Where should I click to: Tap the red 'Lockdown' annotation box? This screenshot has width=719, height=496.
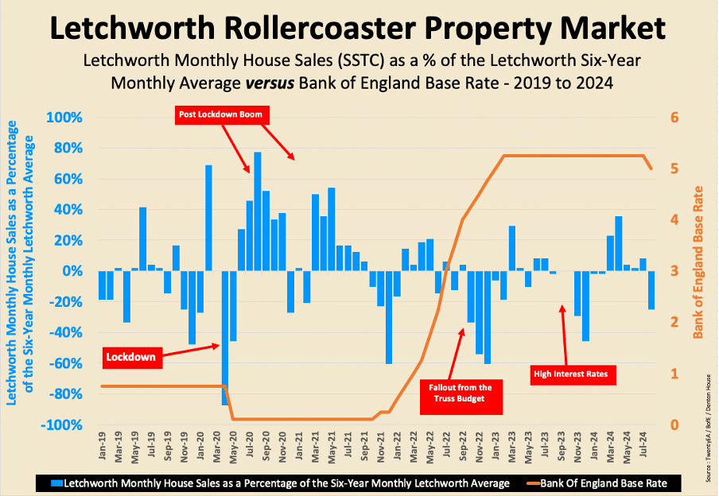coord(130,358)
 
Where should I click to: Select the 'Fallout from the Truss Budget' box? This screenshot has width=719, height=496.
coord(462,393)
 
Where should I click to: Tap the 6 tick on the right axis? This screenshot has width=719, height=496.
coord(674,118)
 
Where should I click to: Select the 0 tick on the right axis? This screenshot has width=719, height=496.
coord(674,424)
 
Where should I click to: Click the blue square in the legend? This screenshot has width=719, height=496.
coord(56,482)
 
